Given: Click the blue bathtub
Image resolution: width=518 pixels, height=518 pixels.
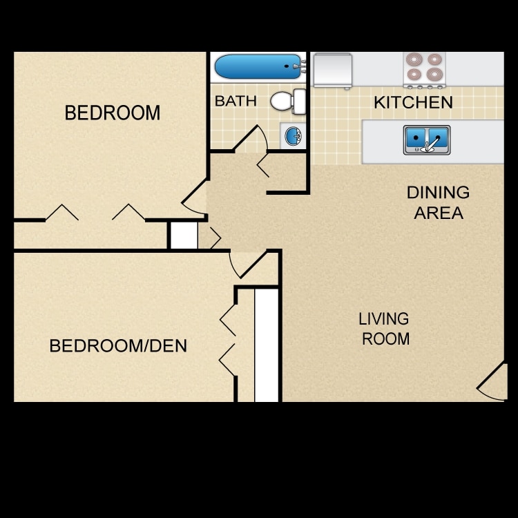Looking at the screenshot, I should [x=257, y=67].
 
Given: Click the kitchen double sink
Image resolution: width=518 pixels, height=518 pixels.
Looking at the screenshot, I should [x=427, y=140].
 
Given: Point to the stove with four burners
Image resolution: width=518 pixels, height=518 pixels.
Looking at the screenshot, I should [x=424, y=69].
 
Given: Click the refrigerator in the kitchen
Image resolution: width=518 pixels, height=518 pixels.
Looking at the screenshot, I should [x=333, y=70].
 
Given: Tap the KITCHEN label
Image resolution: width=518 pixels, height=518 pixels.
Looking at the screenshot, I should [x=413, y=103].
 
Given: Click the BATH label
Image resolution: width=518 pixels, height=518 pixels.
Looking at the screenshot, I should [x=236, y=101].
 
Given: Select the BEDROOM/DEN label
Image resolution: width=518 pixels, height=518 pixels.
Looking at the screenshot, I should [x=118, y=345].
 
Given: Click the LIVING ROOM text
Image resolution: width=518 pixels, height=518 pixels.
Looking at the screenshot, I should [x=385, y=329].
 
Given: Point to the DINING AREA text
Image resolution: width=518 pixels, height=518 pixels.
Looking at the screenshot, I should [x=438, y=202].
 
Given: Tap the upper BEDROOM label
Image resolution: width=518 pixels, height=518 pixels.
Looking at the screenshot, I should [x=112, y=113].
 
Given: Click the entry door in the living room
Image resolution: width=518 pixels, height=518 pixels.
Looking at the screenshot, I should [x=491, y=382].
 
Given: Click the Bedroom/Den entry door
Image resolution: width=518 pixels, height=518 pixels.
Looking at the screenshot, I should [x=246, y=265].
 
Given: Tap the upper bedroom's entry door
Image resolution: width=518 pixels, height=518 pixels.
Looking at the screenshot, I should [x=195, y=197].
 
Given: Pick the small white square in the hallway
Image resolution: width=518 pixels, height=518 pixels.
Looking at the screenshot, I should [x=184, y=235].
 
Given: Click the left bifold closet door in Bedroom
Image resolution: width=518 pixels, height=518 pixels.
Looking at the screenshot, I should [x=62, y=212].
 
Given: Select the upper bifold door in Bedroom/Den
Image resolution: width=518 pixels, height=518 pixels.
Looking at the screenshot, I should [x=227, y=318].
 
